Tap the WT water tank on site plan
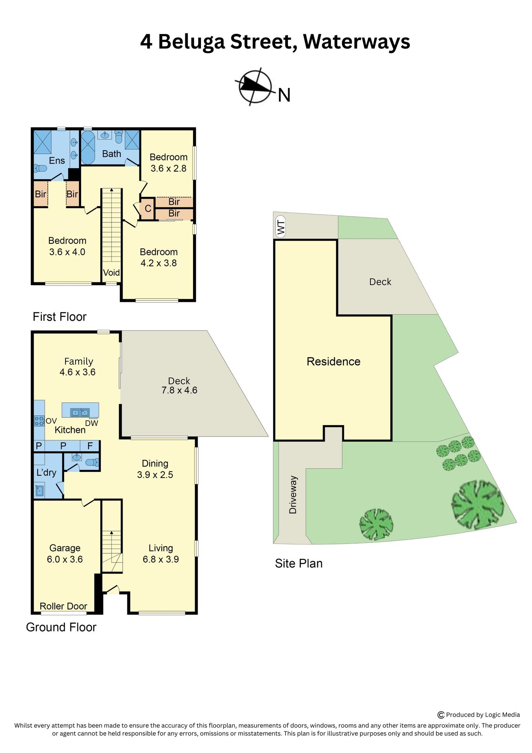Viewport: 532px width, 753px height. point(280,227)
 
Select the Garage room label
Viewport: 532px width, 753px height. point(65,548)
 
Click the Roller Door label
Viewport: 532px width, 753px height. point(63,606)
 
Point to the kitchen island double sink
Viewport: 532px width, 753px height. point(80,412)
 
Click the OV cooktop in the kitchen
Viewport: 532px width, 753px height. point(39,421)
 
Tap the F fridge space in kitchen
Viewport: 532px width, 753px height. point(90,446)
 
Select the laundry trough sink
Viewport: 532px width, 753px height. point(39,491)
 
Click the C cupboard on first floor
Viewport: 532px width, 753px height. point(148,209)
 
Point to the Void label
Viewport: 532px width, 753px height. point(111,273)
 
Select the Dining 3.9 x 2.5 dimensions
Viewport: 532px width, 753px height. point(155,475)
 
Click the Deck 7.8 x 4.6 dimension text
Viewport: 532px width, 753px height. point(179,390)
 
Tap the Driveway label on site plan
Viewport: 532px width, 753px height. point(293,495)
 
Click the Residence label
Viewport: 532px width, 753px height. point(333,361)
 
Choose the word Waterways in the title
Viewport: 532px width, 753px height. point(356,42)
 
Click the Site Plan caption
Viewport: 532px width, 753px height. point(299,563)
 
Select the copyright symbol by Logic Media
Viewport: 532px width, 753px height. point(441,715)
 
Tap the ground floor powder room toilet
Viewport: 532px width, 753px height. point(92,462)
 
